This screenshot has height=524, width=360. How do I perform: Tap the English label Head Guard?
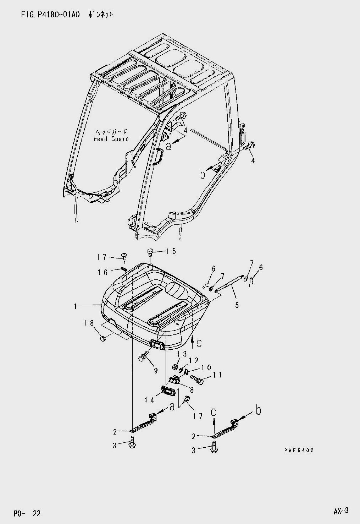click(x=111, y=139)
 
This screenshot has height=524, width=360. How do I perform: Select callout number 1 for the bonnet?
click(x=76, y=305)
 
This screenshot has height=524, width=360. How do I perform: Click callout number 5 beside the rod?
click(x=237, y=304)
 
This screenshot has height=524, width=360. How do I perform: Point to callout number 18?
click(x=89, y=323)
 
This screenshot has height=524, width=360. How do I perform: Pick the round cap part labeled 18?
click(x=103, y=339)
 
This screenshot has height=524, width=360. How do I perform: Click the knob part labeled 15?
click(x=150, y=252)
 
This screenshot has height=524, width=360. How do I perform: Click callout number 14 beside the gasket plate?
click(x=149, y=400)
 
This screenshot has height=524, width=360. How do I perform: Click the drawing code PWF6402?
click(x=299, y=450)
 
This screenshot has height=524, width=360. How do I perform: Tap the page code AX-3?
click(x=341, y=511)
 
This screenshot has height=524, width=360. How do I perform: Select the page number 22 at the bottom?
click(x=36, y=513)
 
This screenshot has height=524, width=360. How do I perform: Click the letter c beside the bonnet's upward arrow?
click(x=199, y=343)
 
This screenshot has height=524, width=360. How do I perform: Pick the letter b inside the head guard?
click(x=202, y=174)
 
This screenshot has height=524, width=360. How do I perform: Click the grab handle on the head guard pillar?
click(x=159, y=157)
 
